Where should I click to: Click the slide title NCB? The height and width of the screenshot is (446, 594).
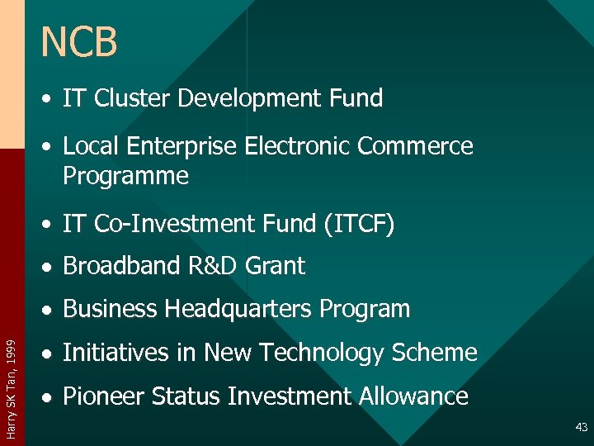[79, 43]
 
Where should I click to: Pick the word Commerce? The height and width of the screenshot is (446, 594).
[415, 146]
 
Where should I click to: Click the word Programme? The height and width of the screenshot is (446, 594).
[125, 176]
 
